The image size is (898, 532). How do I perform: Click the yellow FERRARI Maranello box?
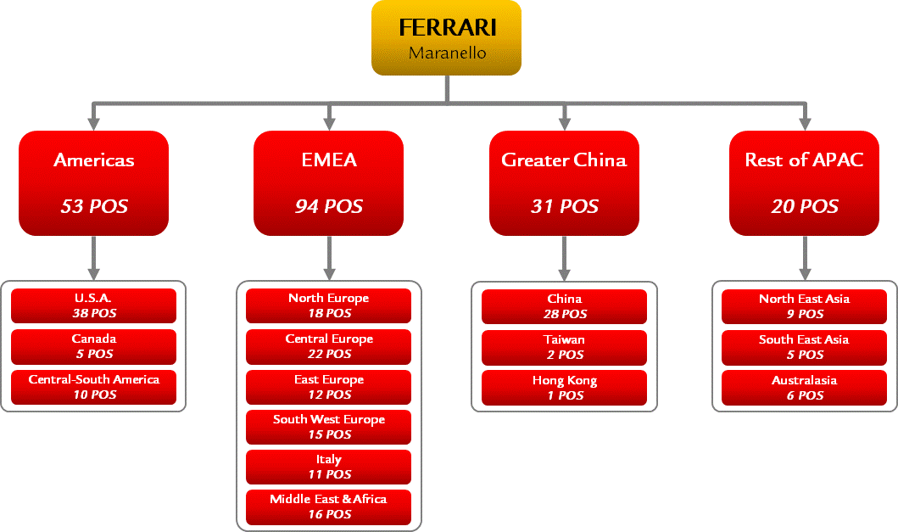click(446, 37)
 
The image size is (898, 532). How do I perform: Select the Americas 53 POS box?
click(94, 182)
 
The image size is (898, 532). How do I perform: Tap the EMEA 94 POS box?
click(328, 182)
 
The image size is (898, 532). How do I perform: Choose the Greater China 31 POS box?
click(564, 182)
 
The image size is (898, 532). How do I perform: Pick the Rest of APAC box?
click(804, 182)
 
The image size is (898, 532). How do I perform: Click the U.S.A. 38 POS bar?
click(94, 305)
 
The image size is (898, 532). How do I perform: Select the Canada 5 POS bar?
click(94, 346)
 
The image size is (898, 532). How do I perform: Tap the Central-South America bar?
click(94, 387)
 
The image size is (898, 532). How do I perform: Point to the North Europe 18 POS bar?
click(328, 305)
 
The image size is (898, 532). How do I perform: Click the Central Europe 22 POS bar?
click(328, 346)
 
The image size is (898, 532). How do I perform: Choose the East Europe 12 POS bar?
click(328, 387)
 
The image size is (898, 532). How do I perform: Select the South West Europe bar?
click(328, 427)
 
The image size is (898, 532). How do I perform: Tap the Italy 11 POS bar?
click(328, 467)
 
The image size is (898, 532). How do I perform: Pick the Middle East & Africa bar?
click(328, 507)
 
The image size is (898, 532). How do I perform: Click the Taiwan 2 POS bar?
click(564, 346)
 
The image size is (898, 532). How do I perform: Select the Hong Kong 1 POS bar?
click(564, 387)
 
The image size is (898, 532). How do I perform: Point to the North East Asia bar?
click(804, 305)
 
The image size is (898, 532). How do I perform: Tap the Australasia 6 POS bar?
click(804, 387)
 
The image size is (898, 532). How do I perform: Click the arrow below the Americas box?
click(94, 259)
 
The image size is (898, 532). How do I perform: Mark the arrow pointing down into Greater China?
click(564, 116)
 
